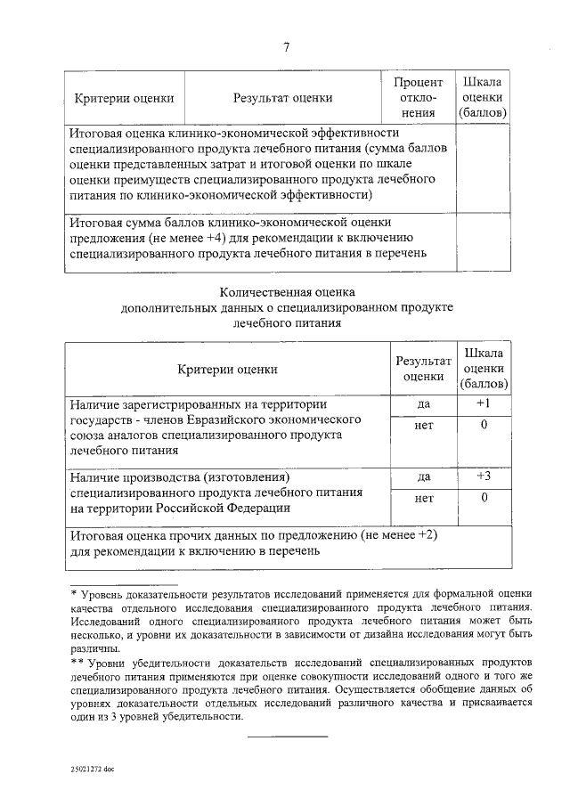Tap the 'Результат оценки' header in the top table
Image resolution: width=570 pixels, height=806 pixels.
click(x=283, y=98)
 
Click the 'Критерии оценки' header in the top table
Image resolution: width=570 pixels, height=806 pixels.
click(x=124, y=98)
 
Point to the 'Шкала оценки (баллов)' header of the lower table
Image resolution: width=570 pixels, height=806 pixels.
click(x=483, y=368)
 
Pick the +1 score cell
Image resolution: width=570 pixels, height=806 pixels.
click(x=483, y=403)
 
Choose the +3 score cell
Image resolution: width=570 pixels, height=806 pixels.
click(x=483, y=476)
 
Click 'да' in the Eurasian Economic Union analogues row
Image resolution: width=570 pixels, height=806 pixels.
click(x=424, y=403)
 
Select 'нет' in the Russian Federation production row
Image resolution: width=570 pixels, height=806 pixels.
click(x=424, y=498)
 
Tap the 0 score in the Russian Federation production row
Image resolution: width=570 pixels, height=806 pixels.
click(x=483, y=498)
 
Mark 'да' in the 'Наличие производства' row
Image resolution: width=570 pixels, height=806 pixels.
click(x=424, y=476)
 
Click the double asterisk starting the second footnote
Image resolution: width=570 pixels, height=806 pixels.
click(x=77, y=663)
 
